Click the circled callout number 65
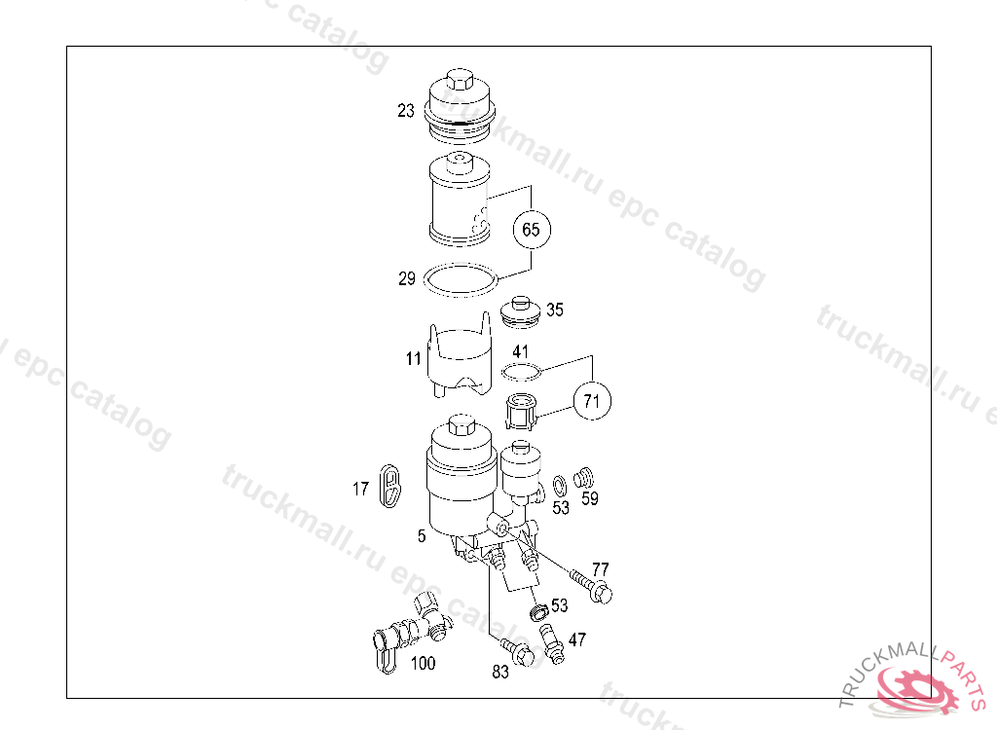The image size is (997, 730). click(x=532, y=229)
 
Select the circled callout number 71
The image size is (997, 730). click(x=592, y=401)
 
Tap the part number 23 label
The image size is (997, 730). click(x=406, y=111)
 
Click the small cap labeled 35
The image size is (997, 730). click(x=521, y=311)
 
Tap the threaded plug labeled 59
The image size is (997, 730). click(x=584, y=477)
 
